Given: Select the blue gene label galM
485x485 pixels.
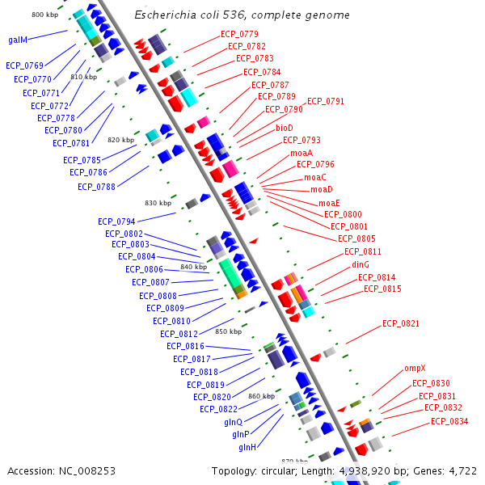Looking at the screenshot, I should [x=18, y=39].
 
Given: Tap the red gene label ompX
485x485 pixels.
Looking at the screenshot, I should [x=415, y=369].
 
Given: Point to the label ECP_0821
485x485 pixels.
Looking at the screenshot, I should [x=401, y=323].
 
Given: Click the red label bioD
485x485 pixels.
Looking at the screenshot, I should [x=285, y=128].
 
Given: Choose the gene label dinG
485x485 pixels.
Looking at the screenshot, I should [x=361, y=264].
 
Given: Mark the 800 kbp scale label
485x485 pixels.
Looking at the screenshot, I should [x=44, y=15].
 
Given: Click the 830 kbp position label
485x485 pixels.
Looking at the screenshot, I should [x=158, y=203].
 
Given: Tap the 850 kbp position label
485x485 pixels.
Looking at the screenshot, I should [x=228, y=331].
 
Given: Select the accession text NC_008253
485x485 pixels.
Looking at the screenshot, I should [x=86, y=470].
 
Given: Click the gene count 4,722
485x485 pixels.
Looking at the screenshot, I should [x=462, y=470].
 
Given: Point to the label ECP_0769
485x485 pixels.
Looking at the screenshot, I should [x=24, y=65].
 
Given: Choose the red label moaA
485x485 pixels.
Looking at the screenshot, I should [x=302, y=153].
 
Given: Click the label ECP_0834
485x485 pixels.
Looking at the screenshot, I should [x=449, y=421].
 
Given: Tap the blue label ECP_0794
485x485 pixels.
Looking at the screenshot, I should [x=116, y=221].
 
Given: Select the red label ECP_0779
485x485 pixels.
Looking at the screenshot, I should [x=239, y=34].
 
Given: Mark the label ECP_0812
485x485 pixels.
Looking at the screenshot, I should [x=179, y=334].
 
